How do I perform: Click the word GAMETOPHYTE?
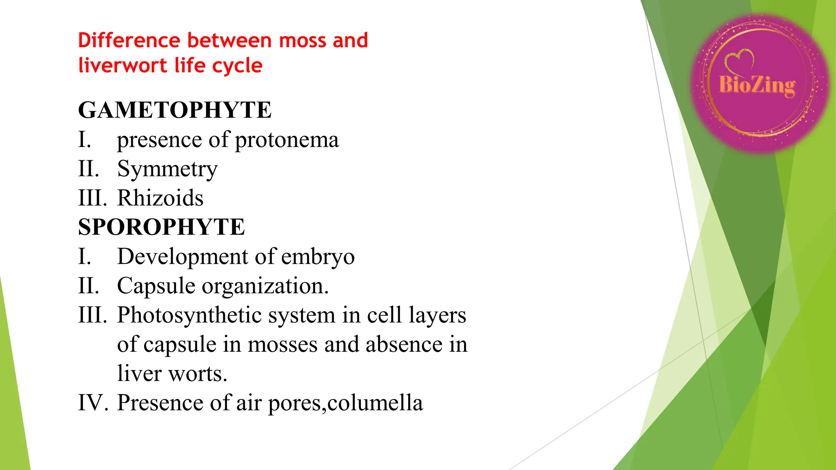click(175, 110)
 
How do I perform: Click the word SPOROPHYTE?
click(161, 227)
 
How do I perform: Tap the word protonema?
click(287, 140)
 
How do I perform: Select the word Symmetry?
click(167, 169)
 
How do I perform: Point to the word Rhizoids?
click(160, 198)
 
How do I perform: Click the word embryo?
click(318, 257)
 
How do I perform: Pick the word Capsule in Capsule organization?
click(156, 286)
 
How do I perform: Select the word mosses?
click(282, 345)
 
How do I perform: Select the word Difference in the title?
click(129, 40)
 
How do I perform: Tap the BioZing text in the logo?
click(757, 85)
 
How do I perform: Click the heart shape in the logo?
click(740, 60)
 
